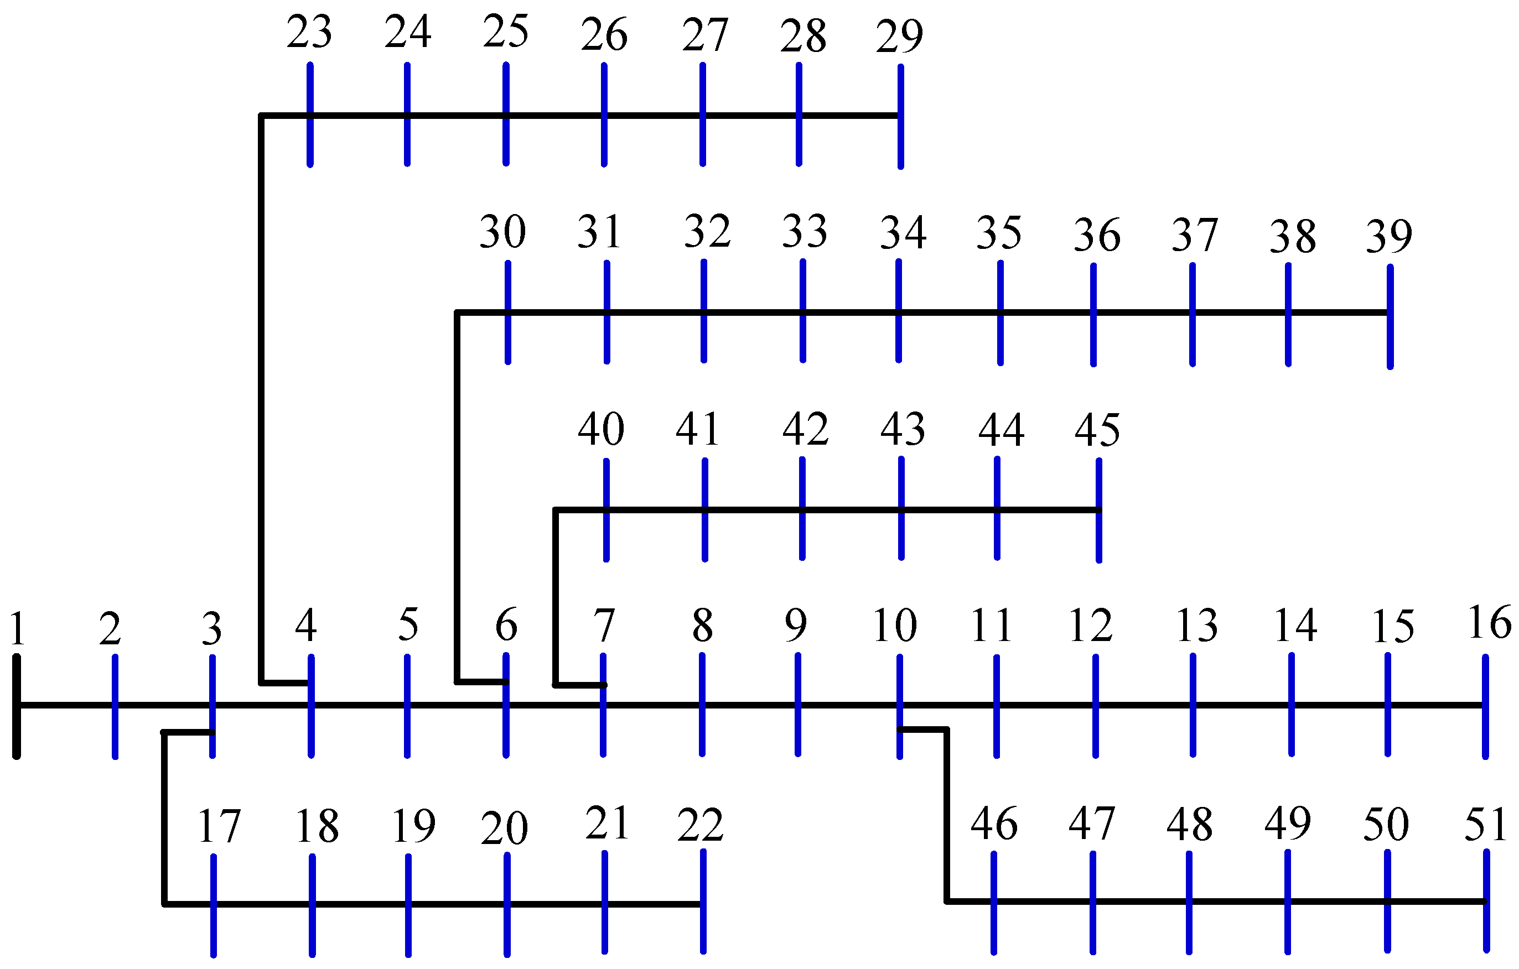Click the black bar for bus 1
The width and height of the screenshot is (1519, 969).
[x=17, y=707]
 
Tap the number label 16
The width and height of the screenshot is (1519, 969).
[x=1489, y=623]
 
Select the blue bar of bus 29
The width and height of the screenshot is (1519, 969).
[x=900, y=117]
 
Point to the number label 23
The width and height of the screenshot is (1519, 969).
[x=309, y=32]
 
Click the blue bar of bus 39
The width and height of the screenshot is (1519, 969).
[x=1390, y=316]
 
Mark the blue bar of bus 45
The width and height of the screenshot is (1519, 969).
[x=1099, y=510]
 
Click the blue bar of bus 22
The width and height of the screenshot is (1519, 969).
[x=703, y=902]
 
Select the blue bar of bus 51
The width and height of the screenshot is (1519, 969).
[x=1486, y=901]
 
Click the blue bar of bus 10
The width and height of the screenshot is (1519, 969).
[x=900, y=707]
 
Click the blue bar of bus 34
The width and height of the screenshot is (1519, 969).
[x=898, y=311]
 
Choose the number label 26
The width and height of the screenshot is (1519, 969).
[x=604, y=35]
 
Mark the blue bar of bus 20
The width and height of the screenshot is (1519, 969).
[x=507, y=905]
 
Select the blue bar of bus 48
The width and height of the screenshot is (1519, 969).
[x=1189, y=903]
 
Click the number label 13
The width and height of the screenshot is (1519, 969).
[x=1196, y=626]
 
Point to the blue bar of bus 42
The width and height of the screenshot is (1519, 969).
[x=802, y=508]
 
